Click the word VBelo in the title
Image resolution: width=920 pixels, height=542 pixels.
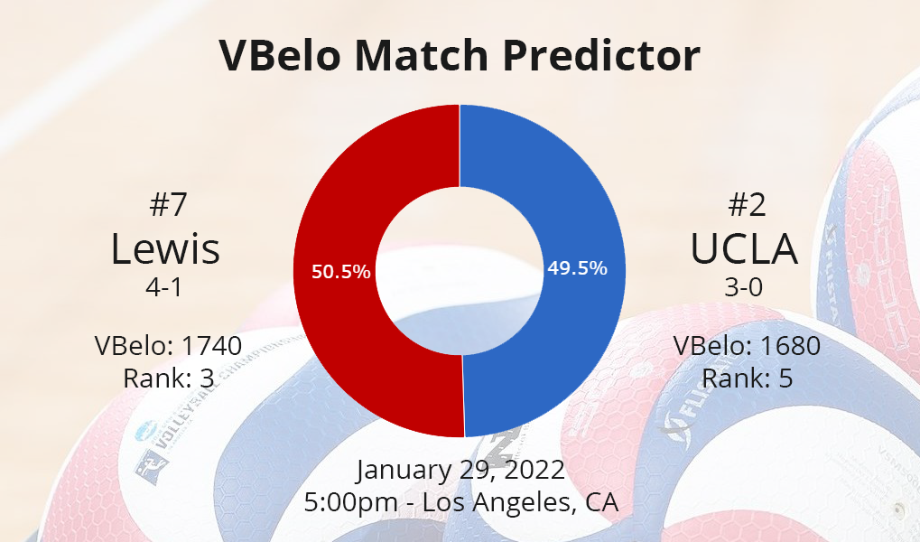[280, 54]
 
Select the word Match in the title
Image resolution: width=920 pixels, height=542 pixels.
[422, 54]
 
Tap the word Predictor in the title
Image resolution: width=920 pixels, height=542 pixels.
[601, 54]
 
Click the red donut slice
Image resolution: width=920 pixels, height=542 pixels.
[334, 329]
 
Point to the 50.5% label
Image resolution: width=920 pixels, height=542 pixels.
[341, 272]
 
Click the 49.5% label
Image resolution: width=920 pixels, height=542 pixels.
[577, 268]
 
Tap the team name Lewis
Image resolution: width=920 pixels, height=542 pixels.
[165, 248]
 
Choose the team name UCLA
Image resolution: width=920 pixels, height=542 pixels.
[744, 248]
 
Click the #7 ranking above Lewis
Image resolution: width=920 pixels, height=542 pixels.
[169, 204]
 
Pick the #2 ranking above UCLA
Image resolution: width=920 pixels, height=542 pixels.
[747, 204]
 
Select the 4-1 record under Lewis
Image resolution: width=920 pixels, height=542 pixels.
[164, 287]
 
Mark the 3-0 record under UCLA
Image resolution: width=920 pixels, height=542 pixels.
[744, 287]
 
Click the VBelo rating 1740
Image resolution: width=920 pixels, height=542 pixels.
[212, 346]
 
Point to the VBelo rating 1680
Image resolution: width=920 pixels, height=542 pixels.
[790, 346]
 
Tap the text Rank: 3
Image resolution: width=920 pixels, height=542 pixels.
[169, 378]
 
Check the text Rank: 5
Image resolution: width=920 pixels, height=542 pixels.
[748, 378]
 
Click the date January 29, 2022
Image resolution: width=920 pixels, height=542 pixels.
[460, 470]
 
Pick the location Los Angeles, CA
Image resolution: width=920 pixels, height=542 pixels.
[520, 502]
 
